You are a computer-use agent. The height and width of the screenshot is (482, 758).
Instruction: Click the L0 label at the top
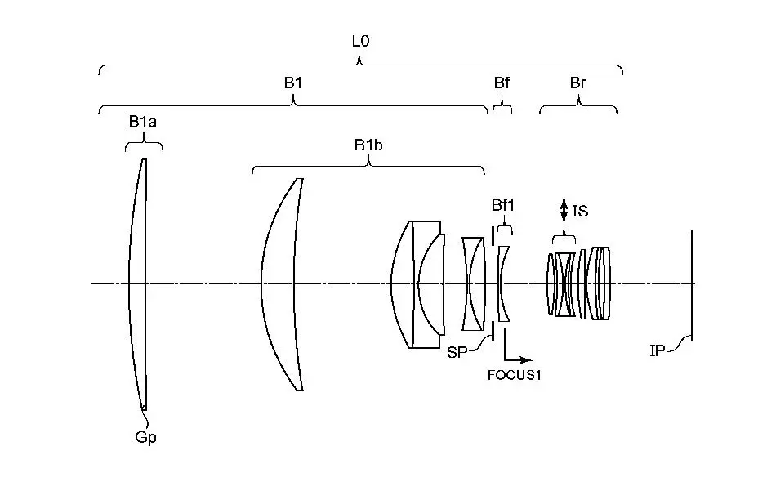click(x=360, y=40)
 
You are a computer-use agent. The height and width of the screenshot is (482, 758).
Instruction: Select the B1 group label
click(x=292, y=82)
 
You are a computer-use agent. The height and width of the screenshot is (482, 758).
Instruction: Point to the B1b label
click(x=368, y=145)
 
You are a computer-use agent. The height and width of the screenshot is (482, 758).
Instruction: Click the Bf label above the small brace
click(x=502, y=83)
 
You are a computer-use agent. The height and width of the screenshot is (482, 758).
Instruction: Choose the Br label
click(x=577, y=83)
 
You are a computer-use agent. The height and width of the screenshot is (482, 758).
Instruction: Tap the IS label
click(x=580, y=212)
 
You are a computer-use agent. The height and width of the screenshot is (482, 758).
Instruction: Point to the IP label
click(x=658, y=350)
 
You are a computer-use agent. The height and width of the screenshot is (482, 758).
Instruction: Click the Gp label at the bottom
click(x=145, y=437)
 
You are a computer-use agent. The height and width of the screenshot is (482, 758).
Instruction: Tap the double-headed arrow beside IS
click(x=563, y=208)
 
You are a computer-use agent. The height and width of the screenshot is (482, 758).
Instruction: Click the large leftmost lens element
click(x=138, y=284)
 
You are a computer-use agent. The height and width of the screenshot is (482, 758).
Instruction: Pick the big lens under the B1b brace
click(x=282, y=284)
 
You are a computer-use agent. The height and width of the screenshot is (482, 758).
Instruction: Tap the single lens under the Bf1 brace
click(x=503, y=283)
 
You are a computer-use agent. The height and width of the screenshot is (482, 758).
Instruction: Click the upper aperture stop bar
click(x=493, y=234)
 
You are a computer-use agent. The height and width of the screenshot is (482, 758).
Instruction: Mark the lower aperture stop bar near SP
click(x=493, y=331)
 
